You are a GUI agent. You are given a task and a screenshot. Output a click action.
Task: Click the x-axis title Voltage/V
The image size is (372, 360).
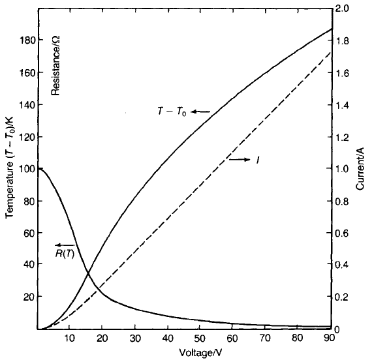pos(200,353)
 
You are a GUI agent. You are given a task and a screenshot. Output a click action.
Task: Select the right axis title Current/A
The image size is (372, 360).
pos(360,169)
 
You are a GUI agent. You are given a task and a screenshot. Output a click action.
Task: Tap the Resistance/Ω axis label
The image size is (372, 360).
pos(56,66)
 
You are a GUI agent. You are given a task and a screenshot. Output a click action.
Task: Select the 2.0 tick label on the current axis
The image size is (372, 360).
pos(342,8)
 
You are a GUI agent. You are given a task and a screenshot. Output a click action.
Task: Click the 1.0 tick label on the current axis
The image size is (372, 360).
pos(342,169)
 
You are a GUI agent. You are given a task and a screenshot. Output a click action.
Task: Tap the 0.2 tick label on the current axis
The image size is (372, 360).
pos(342,297)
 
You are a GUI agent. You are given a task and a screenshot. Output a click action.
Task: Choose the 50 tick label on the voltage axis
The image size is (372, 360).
pos(200,338)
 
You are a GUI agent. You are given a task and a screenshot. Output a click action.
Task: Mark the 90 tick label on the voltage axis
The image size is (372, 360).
pos(329,338)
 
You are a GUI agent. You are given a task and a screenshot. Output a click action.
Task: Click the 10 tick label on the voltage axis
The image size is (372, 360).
pos(69,338)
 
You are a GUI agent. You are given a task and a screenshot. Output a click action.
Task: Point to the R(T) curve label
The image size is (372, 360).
pos(65,254)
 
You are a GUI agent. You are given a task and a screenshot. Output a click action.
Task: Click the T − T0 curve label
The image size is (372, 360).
pos(172,112)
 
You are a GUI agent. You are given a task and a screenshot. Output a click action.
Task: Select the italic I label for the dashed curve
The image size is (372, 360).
pos(258,160)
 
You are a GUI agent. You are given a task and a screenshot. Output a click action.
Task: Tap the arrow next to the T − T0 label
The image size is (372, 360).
pos(200,112)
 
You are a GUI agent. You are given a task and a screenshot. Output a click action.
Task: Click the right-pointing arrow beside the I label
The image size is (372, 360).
pos(240,160)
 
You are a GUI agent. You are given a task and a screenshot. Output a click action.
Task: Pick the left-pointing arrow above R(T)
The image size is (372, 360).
pos(65,245)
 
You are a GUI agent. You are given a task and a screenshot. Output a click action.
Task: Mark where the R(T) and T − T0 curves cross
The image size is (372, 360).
pos(88,274)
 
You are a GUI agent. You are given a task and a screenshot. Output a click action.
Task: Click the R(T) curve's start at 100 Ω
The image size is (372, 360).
pos(39,168)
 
